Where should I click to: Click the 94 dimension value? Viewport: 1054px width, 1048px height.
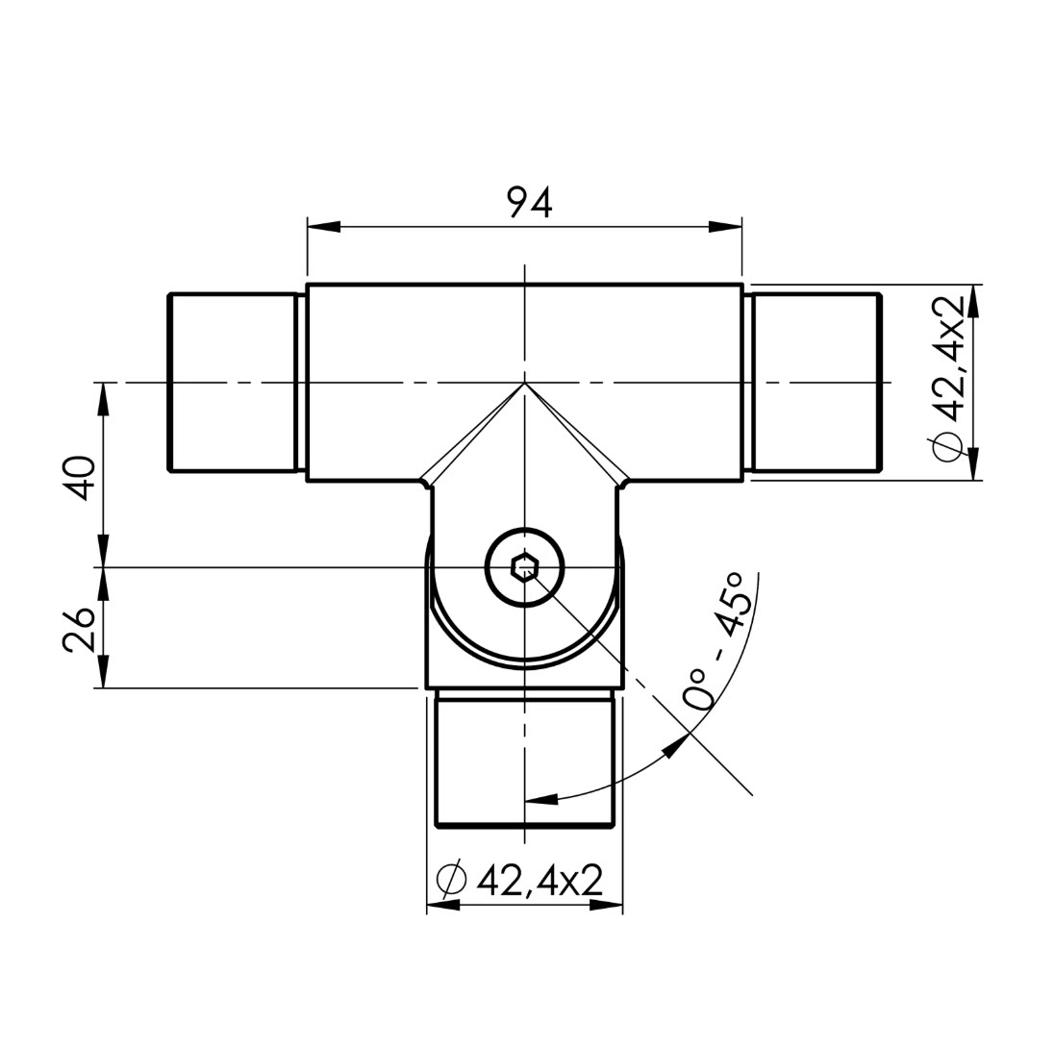530,202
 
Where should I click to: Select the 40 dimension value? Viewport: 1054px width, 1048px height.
80,478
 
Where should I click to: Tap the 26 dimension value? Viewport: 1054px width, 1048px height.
79,630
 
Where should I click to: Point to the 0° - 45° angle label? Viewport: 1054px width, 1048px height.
714,641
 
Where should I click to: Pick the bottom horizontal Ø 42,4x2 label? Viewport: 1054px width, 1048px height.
519,880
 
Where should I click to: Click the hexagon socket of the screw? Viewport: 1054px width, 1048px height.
524,568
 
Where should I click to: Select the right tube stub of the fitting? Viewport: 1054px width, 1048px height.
816,382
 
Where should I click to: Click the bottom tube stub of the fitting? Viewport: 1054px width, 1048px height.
526,758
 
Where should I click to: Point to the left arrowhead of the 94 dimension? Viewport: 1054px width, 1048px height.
323,227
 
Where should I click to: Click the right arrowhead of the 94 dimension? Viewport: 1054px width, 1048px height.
725,227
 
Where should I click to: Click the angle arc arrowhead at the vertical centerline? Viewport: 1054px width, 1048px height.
541,799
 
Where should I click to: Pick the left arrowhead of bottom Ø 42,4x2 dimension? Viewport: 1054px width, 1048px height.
443,906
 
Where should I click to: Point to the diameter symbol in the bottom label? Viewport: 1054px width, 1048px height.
451,880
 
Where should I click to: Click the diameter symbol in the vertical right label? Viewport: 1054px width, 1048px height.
948,446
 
